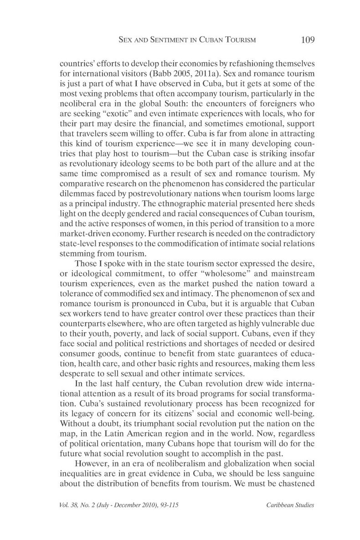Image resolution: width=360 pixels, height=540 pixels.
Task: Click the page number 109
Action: pyautogui.click(x=308, y=40)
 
